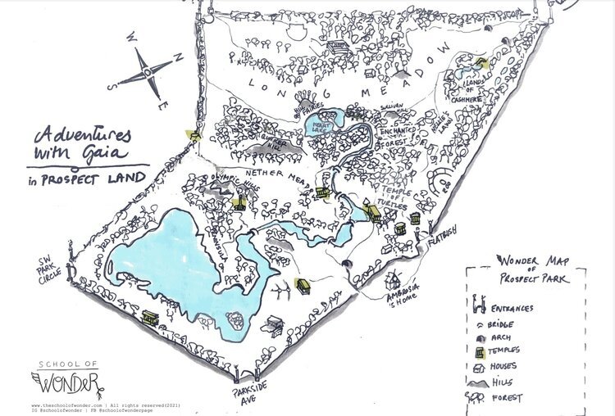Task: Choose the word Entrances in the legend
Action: pyautogui.click(x=513, y=309)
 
